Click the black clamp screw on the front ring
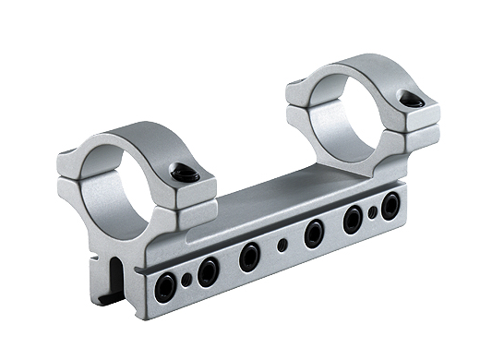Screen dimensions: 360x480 coord(184,173)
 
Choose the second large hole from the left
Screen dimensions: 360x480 coord(210,270)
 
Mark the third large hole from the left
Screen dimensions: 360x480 coord(249,256)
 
